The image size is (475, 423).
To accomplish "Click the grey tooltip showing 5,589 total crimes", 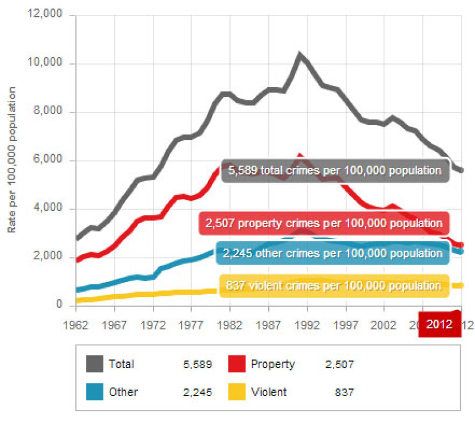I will click(335, 171).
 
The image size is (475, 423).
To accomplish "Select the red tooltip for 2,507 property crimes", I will click(324, 223).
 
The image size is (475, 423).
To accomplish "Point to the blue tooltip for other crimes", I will click(332, 253).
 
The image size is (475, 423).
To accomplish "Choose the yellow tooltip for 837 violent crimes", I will click(333, 286).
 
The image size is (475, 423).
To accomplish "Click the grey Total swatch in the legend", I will click(94, 363).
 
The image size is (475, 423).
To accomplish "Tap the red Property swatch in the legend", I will click(237, 363).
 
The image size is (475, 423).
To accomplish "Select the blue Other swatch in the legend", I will click(94, 392).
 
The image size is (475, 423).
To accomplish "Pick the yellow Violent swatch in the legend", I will click(237, 392).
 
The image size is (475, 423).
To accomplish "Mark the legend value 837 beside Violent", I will click(344, 393).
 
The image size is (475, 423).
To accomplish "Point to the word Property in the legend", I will click(273, 364).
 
